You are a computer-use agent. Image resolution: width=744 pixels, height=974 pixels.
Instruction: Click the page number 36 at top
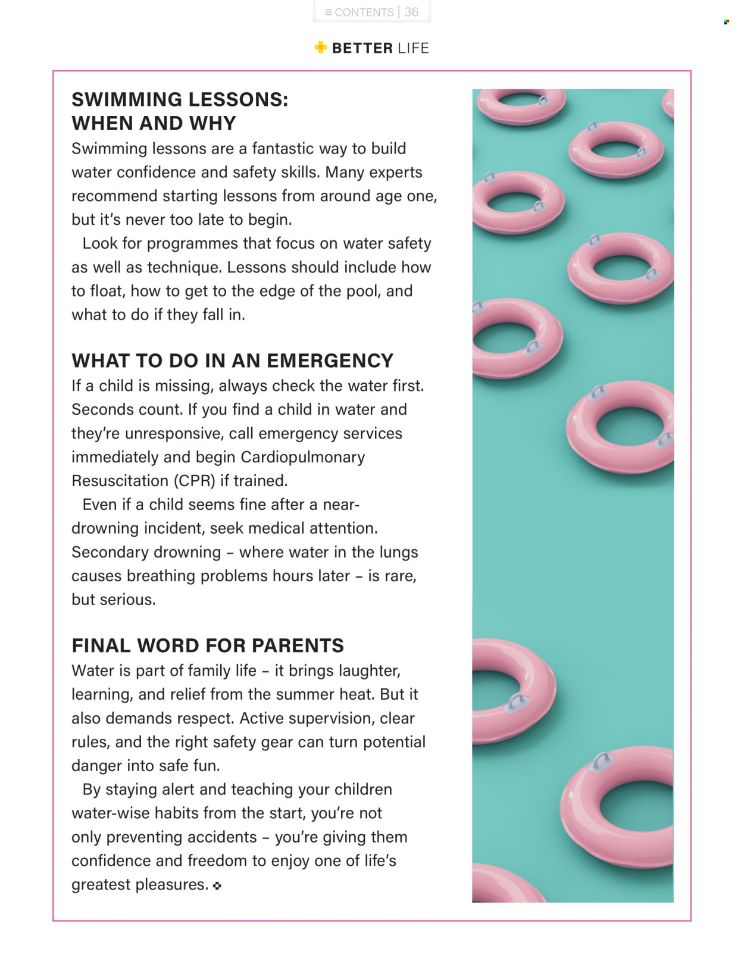pyautogui.click(x=411, y=12)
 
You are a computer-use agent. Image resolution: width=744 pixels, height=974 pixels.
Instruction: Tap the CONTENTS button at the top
pyautogui.click(x=359, y=12)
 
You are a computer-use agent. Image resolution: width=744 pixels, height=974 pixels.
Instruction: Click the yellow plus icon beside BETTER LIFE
pyautogui.click(x=321, y=48)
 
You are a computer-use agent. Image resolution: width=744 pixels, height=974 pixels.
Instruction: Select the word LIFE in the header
pyautogui.click(x=413, y=48)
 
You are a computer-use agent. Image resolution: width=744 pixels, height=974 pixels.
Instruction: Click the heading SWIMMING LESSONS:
pyautogui.click(x=180, y=99)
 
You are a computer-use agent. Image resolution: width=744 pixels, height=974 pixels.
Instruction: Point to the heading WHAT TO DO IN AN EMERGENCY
pyautogui.click(x=232, y=361)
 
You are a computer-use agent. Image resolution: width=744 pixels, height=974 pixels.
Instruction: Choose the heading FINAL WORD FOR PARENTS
pyautogui.click(x=208, y=646)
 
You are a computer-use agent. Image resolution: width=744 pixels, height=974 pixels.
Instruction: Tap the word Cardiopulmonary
pyautogui.click(x=303, y=457)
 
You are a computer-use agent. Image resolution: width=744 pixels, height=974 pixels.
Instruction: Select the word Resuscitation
pyautogui.click(x=120, y=481)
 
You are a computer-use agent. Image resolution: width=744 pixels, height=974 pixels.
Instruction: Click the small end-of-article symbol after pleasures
pyautogui.click(x=217, y=885)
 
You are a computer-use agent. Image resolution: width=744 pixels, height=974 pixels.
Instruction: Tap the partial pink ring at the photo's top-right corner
pyautogui.click(x=668, y=104)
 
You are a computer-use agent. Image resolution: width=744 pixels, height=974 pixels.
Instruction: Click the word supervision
pyautogui.click(x=323, y=718)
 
